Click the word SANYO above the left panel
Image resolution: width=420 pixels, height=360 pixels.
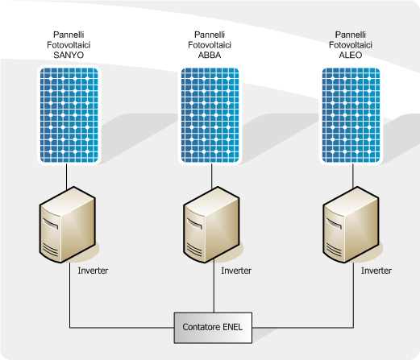click(x=69, y=55)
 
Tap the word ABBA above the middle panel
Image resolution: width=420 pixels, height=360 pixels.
click(x=210, y=55)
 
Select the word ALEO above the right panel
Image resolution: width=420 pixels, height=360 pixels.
click(x=351, y=55)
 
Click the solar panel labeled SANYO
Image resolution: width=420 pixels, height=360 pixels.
click(x=69, y=115)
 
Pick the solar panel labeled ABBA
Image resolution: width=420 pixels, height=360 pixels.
click(x=210, y=115)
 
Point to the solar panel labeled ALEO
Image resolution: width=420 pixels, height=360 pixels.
click(x=351, y=115)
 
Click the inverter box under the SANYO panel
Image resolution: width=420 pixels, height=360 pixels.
click(x=68, y=225)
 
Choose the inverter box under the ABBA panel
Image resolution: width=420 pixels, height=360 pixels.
click(x=211, y=225)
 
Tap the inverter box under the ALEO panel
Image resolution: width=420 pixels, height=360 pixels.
click(x=351, y=225)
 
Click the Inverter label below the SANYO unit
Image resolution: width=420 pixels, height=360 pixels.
click(x=93, y=271)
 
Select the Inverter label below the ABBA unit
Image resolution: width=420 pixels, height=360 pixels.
click(x=236, y=271)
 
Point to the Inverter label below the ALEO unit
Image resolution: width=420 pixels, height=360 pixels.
click(x=376, y=271)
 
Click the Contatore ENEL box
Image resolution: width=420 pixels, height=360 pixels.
click(x=213, y=328)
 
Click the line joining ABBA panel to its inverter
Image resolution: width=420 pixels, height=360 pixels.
click(x=212, y=176)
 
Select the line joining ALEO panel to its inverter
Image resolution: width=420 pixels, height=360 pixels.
click(x=353, y=176)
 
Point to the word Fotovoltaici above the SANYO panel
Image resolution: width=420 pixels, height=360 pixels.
click(x=69, y=45)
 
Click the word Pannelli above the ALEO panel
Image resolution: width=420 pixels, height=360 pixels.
click(x=351, y=35)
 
